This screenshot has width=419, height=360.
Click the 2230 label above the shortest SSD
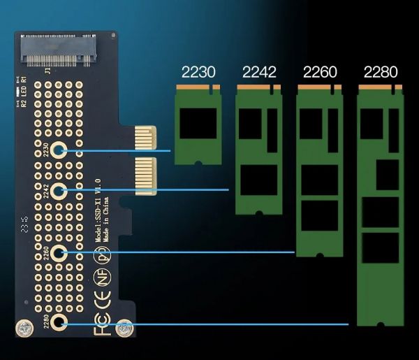(198, 71)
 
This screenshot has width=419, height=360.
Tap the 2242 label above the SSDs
(259, 71)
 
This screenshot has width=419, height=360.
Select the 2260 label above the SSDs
(320, 71)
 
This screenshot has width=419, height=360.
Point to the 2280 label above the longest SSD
(381, 71)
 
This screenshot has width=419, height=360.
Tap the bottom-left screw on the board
(25, 328)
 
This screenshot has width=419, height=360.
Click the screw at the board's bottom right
(125, 327)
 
